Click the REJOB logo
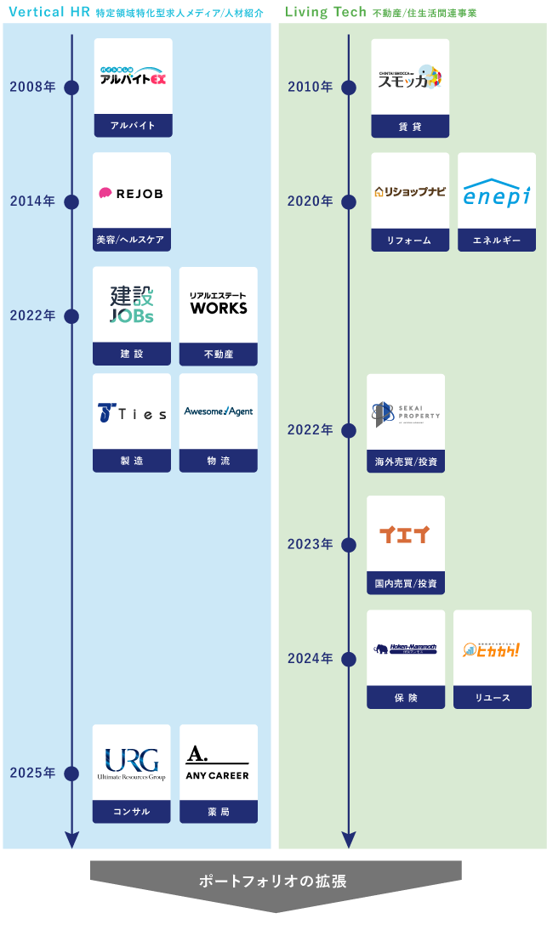[x=131, y=193]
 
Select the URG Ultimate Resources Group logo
[x=131, y=763]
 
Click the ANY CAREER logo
[x=218, y=763]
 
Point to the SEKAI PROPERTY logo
[x=406, y=414]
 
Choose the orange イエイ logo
[x=405, y=535]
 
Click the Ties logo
[x=132, y=412]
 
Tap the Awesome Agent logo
[x=219, y=411]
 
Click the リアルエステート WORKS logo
[x=219, y=303]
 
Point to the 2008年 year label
[x=32, y=87]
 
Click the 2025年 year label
[x=32, y=773]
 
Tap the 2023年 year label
[x=310, y=544]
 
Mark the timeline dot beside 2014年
[x=71, y=201]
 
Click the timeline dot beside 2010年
[x=349, y=87]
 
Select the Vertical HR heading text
[x=48, y=12]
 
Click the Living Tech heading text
[x=326, y=12]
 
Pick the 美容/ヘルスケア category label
[x=131, y=241]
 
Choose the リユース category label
[x=493, y=698]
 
